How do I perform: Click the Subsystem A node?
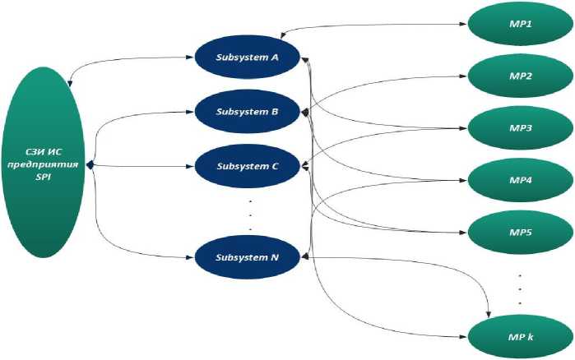click(248, 58)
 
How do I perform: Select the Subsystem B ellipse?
click(248, 112)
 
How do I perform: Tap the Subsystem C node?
click(248, 166)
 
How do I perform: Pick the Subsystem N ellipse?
click(248, 257)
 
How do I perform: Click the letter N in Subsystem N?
click(275, 257)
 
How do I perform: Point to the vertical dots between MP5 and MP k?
click(519, 287)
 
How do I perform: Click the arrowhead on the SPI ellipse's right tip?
click(90, 165)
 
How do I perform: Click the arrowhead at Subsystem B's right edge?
click(305, 112)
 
